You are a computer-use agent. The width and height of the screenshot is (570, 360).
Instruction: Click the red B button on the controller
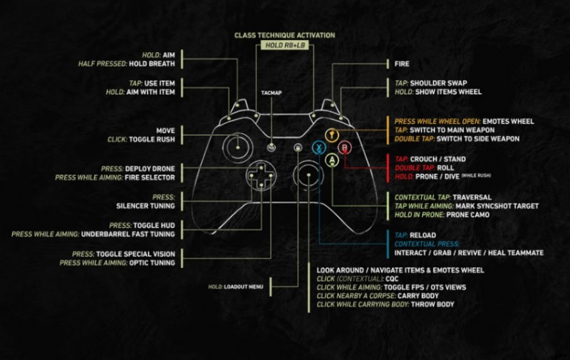[x=346, y=148]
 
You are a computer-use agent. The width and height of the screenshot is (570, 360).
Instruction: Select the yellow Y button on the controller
[x=332, y=135]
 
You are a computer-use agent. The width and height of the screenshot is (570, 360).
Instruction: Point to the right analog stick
[x=309, y=174]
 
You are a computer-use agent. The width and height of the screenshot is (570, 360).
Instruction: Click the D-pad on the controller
[x=260, y=175]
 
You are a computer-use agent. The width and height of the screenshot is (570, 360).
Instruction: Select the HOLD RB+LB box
[x=284, y=46]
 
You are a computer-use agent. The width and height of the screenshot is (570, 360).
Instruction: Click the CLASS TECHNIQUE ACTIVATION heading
[x=284, y=35]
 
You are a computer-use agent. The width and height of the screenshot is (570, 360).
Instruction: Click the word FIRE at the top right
[x=402, y=63]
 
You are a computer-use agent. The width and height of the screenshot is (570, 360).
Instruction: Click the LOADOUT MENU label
[x=247, y=287]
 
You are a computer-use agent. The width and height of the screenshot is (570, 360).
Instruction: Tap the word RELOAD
[x=424, y=233]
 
